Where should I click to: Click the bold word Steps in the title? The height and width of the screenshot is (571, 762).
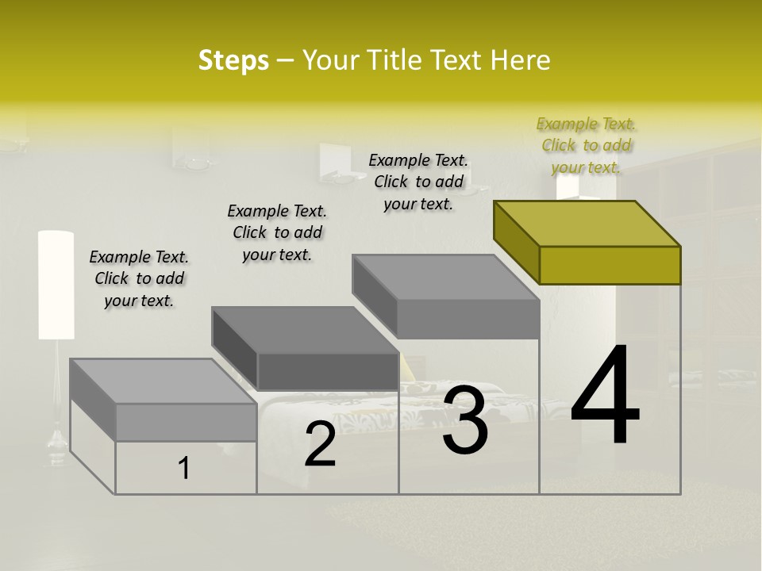point(233,60)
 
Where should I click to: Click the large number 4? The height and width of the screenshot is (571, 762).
point(605,397)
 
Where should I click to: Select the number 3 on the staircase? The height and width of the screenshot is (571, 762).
point(465,420)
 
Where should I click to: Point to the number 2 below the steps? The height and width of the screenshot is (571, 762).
point(320,444)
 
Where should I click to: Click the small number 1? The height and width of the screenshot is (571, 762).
point(184,469)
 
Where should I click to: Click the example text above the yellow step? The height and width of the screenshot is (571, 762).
point(587,145)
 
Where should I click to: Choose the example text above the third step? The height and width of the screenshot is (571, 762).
point(418,182)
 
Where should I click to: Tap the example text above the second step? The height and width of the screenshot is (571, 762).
point(277,232)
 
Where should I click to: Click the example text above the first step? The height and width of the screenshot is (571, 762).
point(139,278)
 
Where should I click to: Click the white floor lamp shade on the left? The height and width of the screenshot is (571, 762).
point(56,285)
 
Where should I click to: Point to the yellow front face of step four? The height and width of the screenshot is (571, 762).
point(610,265)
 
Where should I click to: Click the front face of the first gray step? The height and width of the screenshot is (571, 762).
point(186,422)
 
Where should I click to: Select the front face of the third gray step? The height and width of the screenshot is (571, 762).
point(467,320)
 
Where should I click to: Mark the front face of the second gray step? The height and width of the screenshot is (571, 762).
point(327,371)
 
